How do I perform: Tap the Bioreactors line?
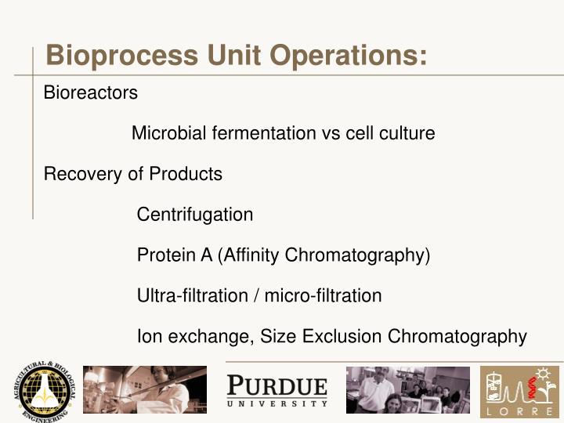(90, 92)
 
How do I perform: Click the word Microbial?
(161, 133)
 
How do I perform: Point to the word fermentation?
(255, 133)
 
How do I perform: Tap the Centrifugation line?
(195, 215)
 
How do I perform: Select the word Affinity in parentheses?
(250, 255)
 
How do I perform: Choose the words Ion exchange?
(193, 337)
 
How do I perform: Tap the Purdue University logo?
(277, 390)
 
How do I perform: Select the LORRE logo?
(520, 392)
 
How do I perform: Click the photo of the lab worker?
(145, 389)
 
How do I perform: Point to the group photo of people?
(408, 389)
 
